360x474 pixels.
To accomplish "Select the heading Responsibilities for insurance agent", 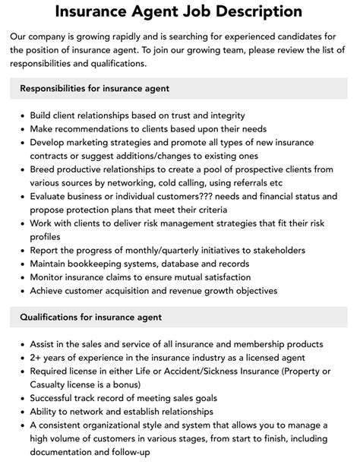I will click(x=94, y=88).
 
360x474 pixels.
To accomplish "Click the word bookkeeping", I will click(x=105, y=264).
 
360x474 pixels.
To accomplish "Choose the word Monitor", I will click(x=51, y=277).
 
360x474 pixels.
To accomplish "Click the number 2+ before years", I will click(x=37, y=358).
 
